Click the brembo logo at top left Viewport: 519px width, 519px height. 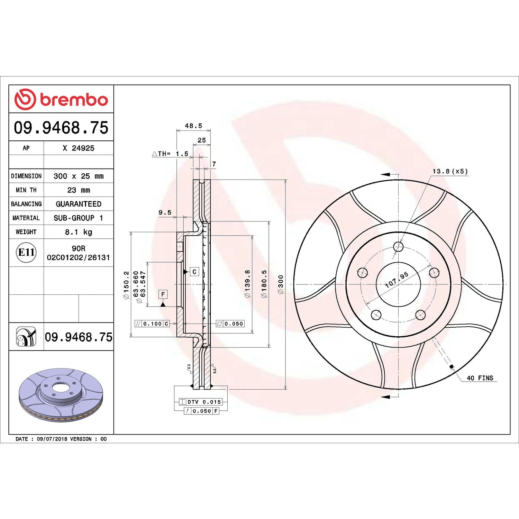point(61,99)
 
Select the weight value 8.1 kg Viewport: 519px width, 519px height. point(79,232)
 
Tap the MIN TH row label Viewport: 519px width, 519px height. point(26,190)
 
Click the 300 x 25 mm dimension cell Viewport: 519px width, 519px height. point(79,176)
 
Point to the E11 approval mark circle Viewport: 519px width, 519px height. point(26,253)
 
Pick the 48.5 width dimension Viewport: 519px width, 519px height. point(193,126)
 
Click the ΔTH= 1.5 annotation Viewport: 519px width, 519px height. point(170,154)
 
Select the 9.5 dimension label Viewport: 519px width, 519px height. point(165,212)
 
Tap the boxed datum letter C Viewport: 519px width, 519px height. point(194,272)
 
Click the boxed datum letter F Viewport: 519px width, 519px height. point(163,294)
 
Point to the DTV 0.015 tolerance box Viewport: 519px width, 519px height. point(201,402)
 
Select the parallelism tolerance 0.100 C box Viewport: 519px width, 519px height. point(152,324)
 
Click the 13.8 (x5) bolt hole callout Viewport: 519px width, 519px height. point(450,171)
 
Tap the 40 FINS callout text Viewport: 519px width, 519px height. point(480,378)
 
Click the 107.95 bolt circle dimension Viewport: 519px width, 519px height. point(397,280)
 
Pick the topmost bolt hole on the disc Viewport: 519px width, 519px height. point(398,247)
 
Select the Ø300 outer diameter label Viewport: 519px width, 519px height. point(281,284)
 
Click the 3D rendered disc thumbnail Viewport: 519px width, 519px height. point(61,395)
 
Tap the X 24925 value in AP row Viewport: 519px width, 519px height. point(79,148)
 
